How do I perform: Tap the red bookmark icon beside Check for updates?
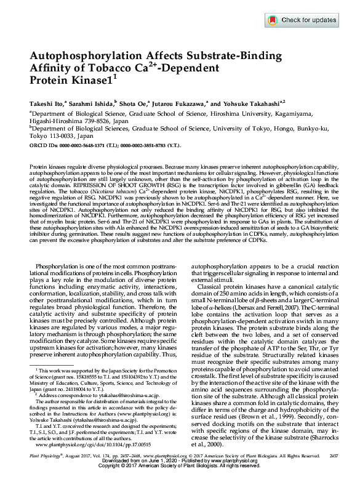pyautogui.click(x=273, y=20)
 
